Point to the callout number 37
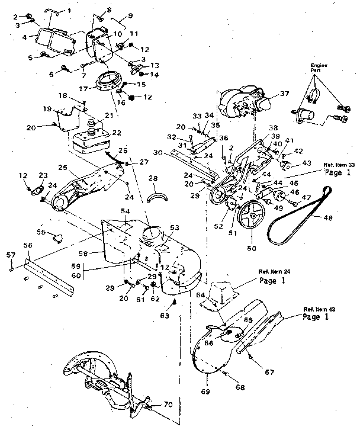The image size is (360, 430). tap(284, 94)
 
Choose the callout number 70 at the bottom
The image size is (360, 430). tap(168, 405)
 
